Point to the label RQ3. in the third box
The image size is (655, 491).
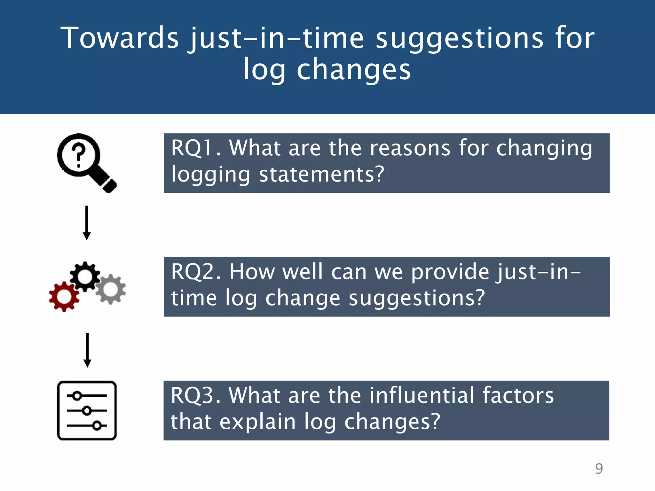195,395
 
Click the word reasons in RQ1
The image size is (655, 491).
410,148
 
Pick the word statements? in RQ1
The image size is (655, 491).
321,175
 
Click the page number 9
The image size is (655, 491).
599,469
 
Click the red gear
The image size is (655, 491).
64,297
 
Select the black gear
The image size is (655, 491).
85,277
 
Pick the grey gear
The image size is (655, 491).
111,289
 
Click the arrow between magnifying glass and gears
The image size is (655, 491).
87,223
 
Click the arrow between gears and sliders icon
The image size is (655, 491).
87,350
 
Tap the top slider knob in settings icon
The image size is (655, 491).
77,396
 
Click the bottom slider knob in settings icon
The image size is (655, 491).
97,425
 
